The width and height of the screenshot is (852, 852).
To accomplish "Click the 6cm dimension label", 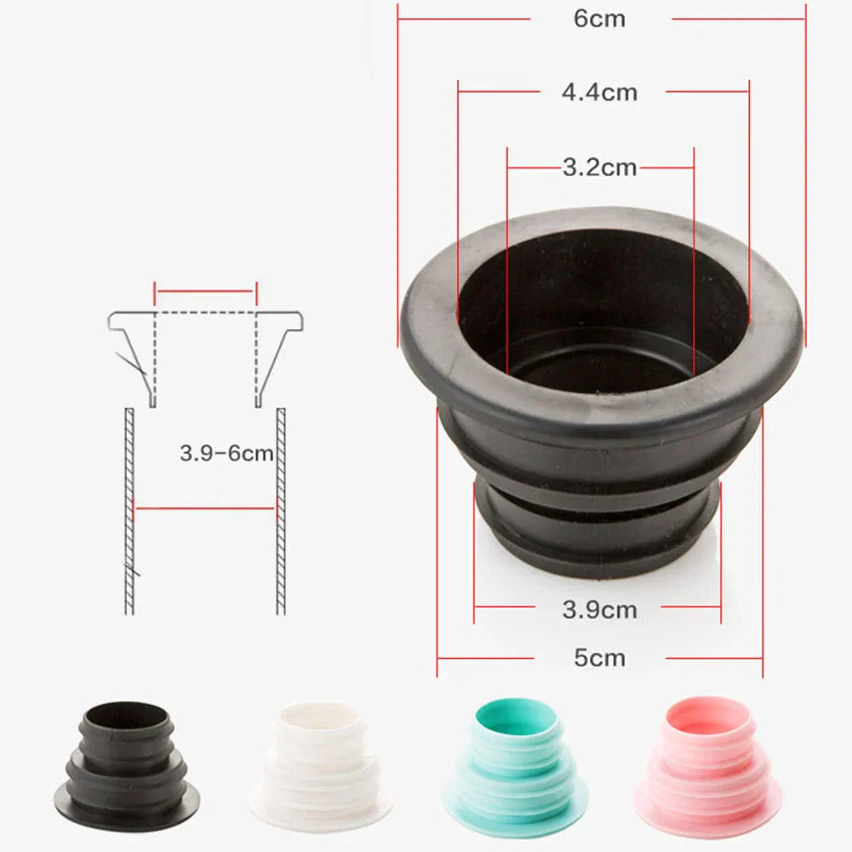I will pyautogui.click(x=599, y=19).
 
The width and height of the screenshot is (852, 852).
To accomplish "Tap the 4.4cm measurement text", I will pyautogui.click(x=599, y=92).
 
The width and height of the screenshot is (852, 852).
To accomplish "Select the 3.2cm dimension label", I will pyautogui.click(x=599, y=168).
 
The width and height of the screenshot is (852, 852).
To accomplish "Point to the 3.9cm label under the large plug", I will pyautogui.click(x=599, y=609).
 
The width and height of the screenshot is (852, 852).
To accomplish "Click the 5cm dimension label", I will pyautogui.click(x=599, y=658).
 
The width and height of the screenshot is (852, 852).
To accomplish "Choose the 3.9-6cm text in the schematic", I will pyautogui.click(x=226, y=454).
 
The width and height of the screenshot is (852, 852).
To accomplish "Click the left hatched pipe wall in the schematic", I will pyautogui.click(x=129, y=511).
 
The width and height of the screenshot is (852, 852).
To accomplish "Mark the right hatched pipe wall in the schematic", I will pyautogui.click(x=281, y=511).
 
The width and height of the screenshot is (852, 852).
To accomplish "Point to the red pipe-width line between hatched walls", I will pyautogui.click(x=205, y=509).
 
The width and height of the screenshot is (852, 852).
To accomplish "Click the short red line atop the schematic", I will pyautogui.click(x=205, y=291).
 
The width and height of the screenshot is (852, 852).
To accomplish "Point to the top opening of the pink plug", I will pyautogui.click(x=707, y=713).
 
